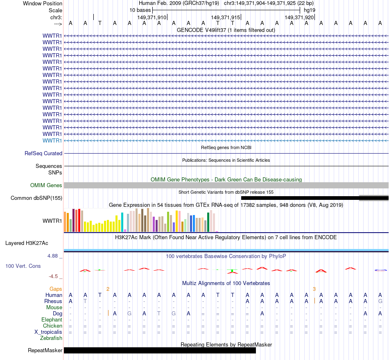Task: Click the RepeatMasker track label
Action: [45, 351]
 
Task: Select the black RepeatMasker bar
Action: [160, 350]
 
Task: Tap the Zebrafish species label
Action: [51, 338]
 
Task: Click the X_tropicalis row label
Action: [48, 332]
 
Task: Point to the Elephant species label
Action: [52, 320]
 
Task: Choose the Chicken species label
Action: [52, 326]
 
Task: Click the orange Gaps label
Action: [56, 289]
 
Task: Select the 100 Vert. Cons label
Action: [23, 266]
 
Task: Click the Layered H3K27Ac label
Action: [27, 243]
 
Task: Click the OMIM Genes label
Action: [46, 186]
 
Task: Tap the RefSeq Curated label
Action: [43, 154]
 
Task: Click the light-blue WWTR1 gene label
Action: [52, 141]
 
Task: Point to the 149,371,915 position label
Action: [225, 18]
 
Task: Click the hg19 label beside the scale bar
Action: [309, 10]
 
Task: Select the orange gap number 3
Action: [314, 289]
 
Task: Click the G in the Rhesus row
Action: [380, 301]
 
